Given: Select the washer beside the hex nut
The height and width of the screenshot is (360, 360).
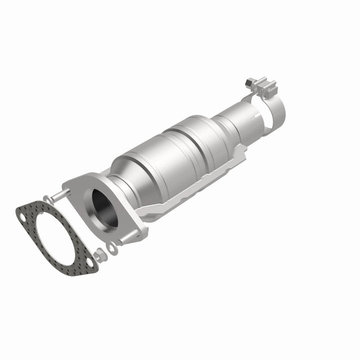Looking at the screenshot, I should click(x=112, y=247).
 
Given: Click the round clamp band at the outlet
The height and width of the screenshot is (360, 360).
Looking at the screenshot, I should click(x=272, y=110).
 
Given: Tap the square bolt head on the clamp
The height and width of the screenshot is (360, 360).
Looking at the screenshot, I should click(x=249, y=81).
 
